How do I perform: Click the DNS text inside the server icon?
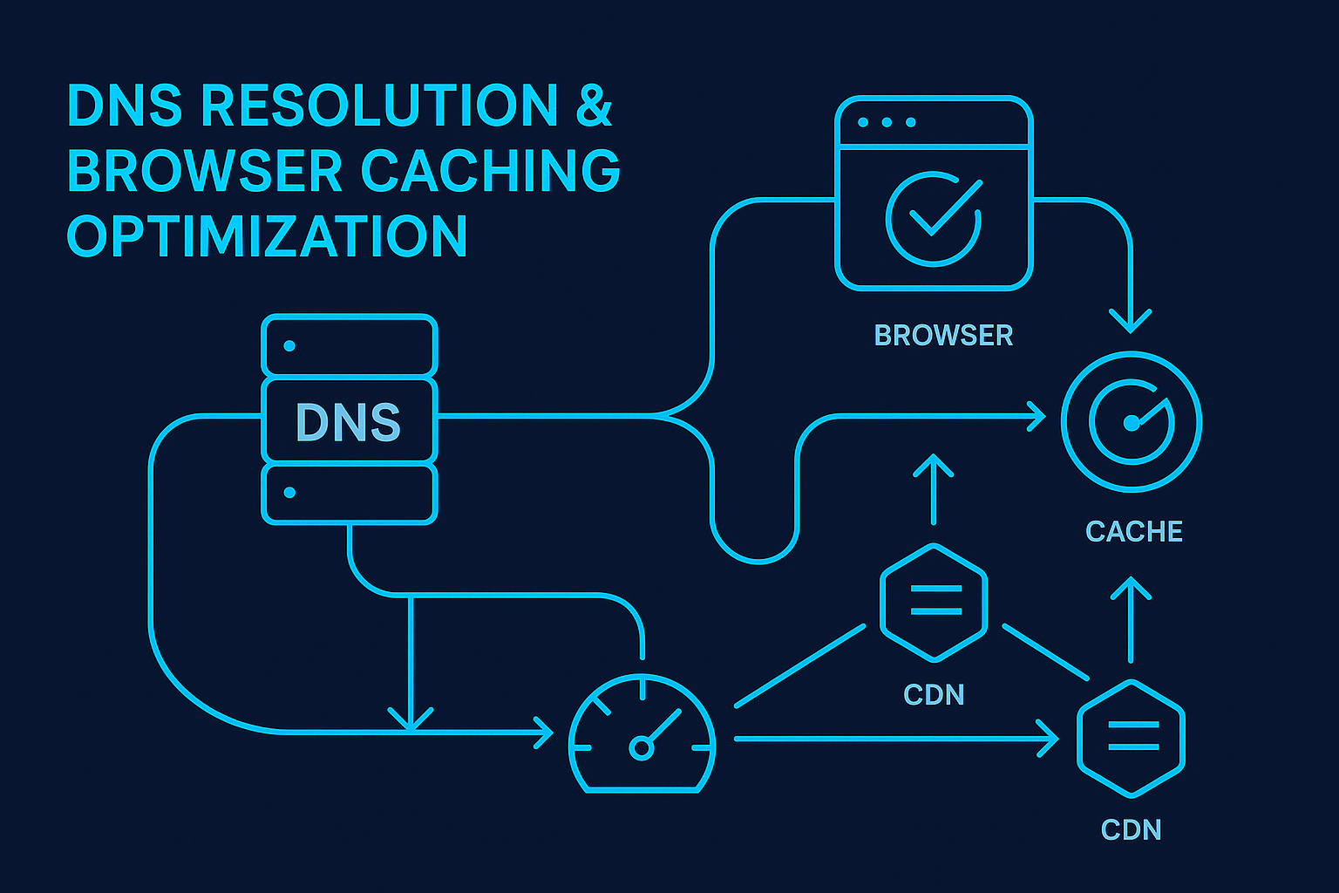coord(348,423)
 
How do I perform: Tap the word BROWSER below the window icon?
coord(943,336)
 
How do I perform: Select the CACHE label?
coord(1133,531)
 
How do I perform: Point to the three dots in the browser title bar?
coord(887,122)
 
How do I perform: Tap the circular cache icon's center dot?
coord(1131,423)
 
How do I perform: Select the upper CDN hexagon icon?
coord(934,601)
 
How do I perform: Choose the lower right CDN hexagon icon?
coord(1131,737)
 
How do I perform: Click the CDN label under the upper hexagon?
coord(934,695)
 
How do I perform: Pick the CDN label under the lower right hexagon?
coord(1131,829)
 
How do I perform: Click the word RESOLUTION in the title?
coord(379,106)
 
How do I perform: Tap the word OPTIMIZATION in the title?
coord(268,236)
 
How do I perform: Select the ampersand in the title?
coord(594,106)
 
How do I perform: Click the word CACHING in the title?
coord(490,171)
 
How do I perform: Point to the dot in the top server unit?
coord(289,346)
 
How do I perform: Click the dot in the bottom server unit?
coord(289,493)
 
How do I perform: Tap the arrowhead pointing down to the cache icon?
coord(1131,321)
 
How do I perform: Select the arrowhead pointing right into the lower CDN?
coord(1048,740)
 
